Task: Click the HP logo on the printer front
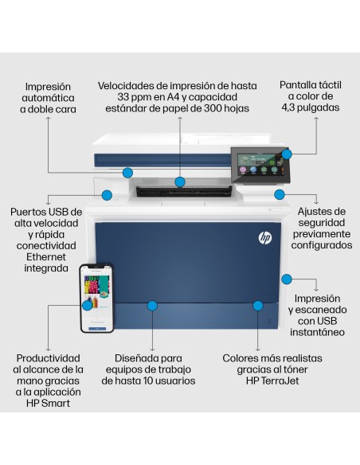click(265, 237)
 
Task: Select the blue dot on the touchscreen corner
click(288, 153)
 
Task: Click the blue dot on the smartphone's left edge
click(86, 305)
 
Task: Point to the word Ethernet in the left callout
click(45, 257)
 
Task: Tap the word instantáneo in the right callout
click(317, 331)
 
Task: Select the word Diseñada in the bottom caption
click(136, 358)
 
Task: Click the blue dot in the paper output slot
click(180, 182)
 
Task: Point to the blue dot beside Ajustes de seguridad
click(280, 194)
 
